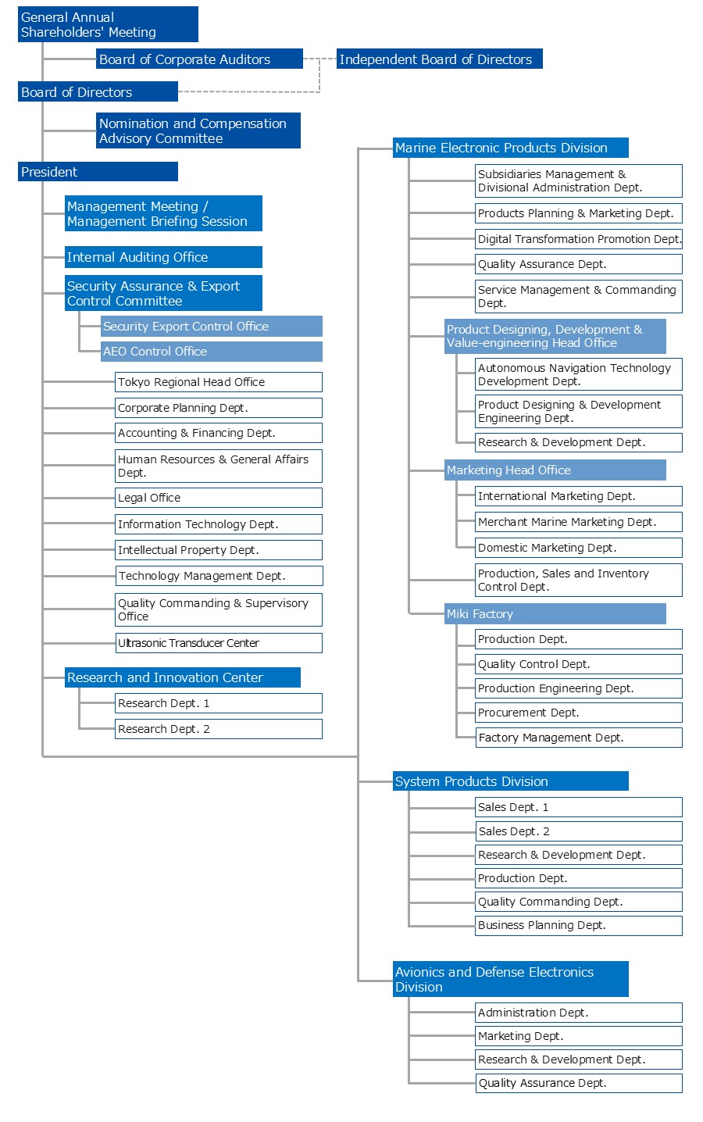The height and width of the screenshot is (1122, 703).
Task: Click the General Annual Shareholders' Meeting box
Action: pyautogui.click(x=108, y=24)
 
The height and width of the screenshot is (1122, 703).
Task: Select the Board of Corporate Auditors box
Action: pyautogui.click(x=199, y=59)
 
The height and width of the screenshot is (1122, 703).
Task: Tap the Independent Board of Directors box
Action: pyautogui.click(x=439, y=59)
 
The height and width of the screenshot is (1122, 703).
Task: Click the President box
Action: pyautogui.click(x=98, y=172)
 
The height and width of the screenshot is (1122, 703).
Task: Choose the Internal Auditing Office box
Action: pyautogui.click(x=163, y=257)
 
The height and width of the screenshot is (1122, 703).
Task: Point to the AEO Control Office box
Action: pyautogui.click(x=211, y=352)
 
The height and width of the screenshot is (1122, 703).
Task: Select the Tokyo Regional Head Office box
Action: pyautogui.click(x=218, y=382)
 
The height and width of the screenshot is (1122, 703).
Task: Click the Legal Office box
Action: pyautogui.click(x=218, y=498)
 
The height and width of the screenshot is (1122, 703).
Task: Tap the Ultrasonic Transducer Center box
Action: pyautogui.click(x=218, y=643)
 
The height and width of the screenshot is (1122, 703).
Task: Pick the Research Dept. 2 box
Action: pyautogui.click(x=218, y=729)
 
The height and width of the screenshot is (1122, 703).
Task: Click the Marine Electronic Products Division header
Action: pyautogui.click(x=510, y=148)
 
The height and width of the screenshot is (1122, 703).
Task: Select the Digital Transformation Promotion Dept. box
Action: pyautogui.click(x=578, y=239)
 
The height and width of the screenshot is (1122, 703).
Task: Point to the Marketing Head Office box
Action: pyautogui.click(x=555, y=470)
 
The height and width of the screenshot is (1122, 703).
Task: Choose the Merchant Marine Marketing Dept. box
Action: pyautogui.click(x=578, y=522)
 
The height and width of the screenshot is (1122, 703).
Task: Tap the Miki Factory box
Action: pyautogui.click(x=555, y=614)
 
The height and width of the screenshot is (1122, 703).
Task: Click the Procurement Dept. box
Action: pyautogui.click(x=578, y=713)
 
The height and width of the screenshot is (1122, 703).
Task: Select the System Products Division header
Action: pyautogui.click(x=510, y=781)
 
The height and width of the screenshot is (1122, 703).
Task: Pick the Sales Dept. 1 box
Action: pyautogui.click(x=578, y=807)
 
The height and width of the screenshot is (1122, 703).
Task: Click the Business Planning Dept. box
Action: pyautogui.click(x=578, y=925)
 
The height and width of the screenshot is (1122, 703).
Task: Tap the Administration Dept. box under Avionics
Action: pyautogui.click(x=578, y=1013)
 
